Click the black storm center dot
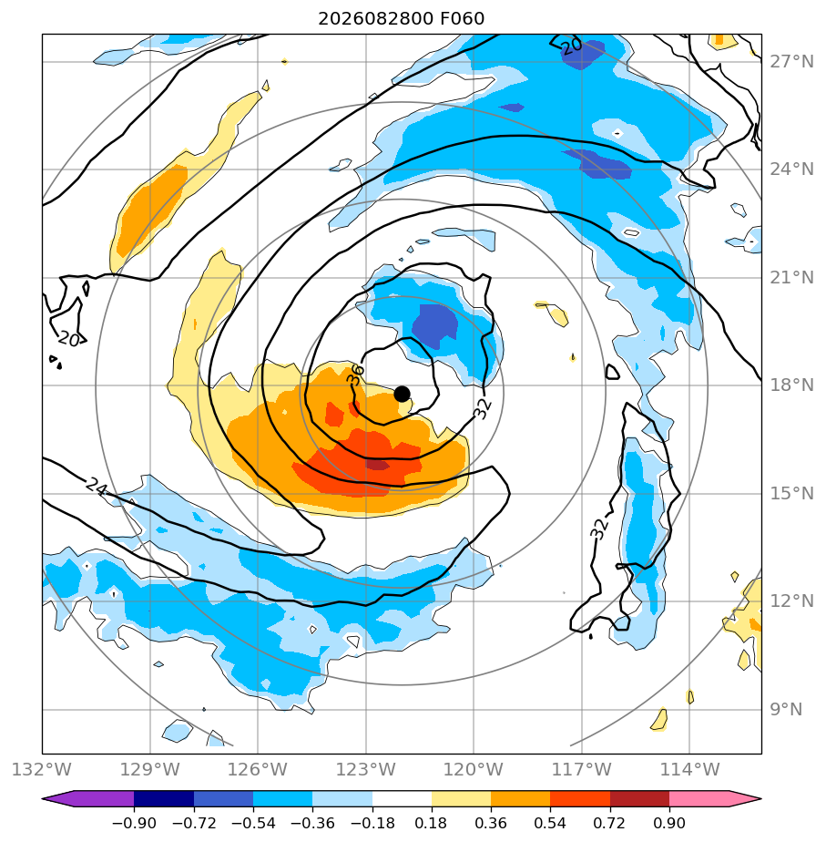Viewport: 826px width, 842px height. (402, 395)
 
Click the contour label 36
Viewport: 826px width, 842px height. (355, 374)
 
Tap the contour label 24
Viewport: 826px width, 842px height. (97, 486)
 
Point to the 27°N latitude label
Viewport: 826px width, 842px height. (792, 62)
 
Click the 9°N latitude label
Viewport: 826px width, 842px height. (786, 709)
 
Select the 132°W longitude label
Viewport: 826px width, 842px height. (42, 769)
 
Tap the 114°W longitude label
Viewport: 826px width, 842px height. (689, 769)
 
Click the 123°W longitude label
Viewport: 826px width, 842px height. (366, 769)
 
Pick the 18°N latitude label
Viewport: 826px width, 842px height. (792, 385)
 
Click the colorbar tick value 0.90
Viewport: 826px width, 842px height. (669, 823)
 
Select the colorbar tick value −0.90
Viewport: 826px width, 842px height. (134, 823)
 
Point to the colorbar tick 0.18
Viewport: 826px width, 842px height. (431, 823)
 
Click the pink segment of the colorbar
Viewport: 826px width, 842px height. (699, 798)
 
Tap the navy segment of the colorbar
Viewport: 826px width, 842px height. (164, 798)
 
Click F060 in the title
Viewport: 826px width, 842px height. (462, 19)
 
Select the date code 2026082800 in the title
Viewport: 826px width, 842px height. (376, 19)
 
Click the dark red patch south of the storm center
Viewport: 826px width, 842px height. (377, 464)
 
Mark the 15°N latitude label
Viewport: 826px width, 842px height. (792, 494)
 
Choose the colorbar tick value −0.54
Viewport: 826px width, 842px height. (253, 823)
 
